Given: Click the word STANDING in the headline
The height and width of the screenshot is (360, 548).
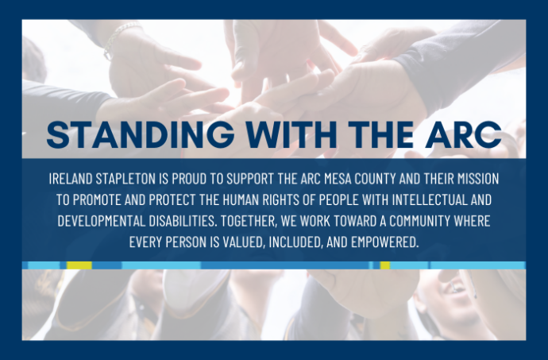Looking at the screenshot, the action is point(141,134).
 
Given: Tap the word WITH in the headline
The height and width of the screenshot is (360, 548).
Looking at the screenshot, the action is point(291,134).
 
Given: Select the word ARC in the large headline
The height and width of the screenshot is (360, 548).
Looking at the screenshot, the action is point(464,134).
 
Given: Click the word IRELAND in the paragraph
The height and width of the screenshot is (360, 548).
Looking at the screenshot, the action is point(70,179).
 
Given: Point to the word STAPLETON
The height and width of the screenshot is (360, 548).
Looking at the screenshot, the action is point(125,179).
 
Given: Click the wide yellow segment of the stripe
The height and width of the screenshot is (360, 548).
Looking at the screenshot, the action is point(79,265).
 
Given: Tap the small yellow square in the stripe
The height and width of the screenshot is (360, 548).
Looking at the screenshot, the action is point(384,265).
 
